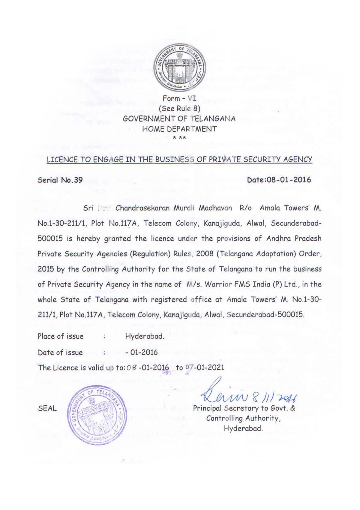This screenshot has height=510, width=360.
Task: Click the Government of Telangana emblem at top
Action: click(179, 69)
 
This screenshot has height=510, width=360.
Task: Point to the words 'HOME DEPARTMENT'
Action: click(179, 129)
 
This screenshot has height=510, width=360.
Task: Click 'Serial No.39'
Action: click(60, 180)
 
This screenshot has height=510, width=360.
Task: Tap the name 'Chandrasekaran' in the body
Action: click(140, 208)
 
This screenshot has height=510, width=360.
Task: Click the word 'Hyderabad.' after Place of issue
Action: click(145, 336)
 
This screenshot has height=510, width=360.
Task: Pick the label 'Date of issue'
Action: click(60, 352)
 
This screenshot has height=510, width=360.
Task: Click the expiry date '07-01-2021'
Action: click(205, 368)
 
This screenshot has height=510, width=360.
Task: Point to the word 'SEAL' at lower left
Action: click(47, 409)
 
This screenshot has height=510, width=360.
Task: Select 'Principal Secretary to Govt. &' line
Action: click(244, 408)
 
